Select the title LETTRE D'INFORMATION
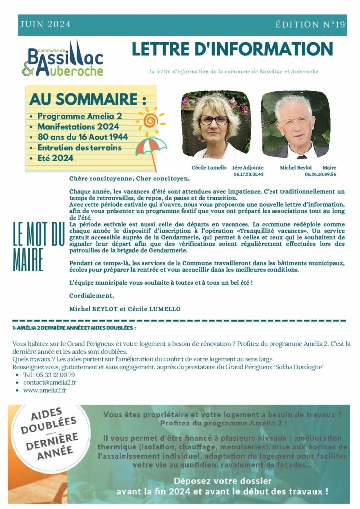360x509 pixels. coord(232,49)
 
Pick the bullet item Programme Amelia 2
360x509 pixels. coord(80,116)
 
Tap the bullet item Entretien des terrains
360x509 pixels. coord(80,147)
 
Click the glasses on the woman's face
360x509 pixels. coord(214,120)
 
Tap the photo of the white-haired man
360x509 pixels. coord(295,124)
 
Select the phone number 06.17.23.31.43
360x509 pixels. coord(248,174)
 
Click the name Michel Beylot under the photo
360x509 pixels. coord(295,168)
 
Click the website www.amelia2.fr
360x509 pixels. coord(45,390)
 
